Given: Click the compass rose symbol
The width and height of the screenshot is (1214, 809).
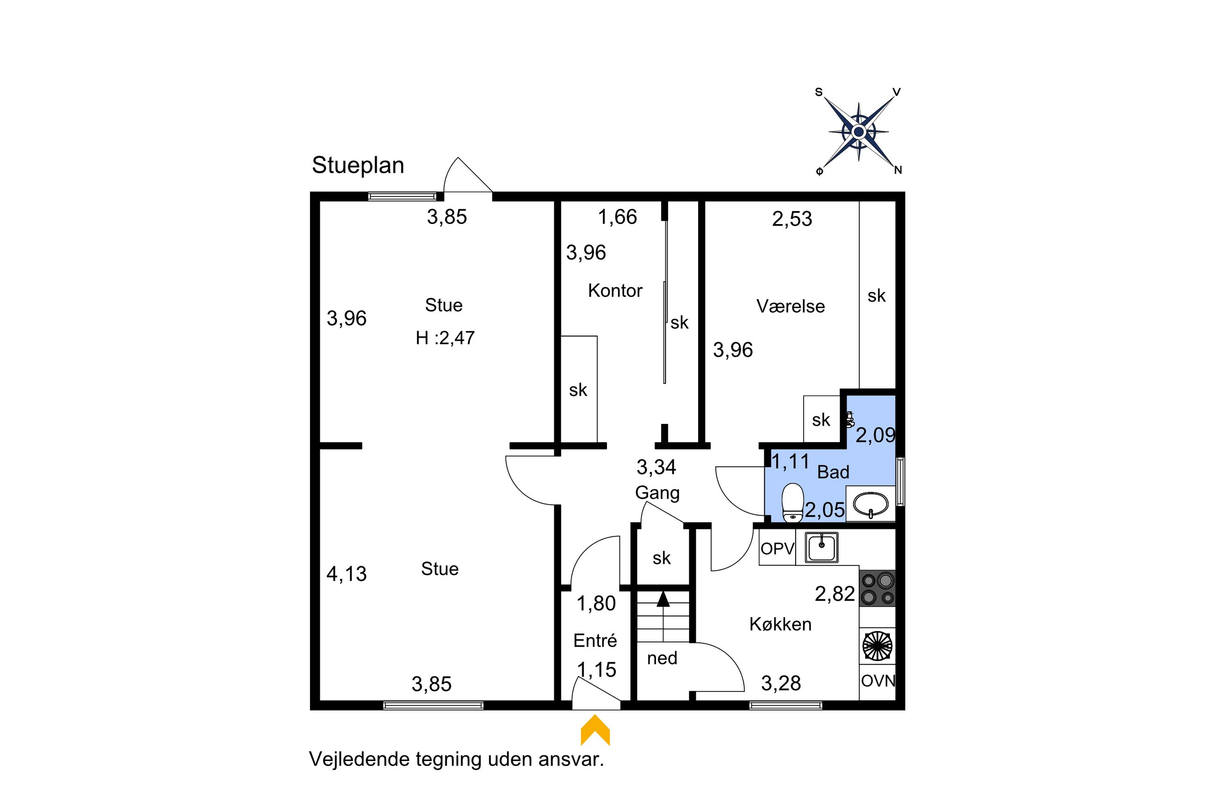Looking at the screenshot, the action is point(859,132).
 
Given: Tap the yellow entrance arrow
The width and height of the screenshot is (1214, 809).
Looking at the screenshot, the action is point(595,730).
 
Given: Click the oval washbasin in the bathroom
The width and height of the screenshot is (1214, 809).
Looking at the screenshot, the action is point(870,504).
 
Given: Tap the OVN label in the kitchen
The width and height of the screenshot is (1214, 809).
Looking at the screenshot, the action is point(878,681).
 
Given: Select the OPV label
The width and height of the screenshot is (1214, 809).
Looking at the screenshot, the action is point(777,549).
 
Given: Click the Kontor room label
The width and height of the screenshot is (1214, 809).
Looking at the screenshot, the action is point(615,290).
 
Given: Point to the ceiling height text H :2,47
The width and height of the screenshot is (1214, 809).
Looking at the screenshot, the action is point(445,338).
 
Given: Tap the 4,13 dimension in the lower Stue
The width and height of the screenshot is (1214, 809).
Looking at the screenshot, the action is point(346,574).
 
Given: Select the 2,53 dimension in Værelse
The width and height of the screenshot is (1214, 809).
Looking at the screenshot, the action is point(792,219).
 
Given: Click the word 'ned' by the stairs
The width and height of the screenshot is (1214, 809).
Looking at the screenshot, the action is point(662,658).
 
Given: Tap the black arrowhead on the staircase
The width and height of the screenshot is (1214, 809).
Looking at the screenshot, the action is point(663,598).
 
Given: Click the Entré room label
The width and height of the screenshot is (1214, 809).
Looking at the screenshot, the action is point(595,640).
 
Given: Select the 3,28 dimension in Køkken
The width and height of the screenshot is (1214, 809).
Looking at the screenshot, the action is point(781,683).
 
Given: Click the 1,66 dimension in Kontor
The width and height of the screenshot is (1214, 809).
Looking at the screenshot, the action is point(617,217).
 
